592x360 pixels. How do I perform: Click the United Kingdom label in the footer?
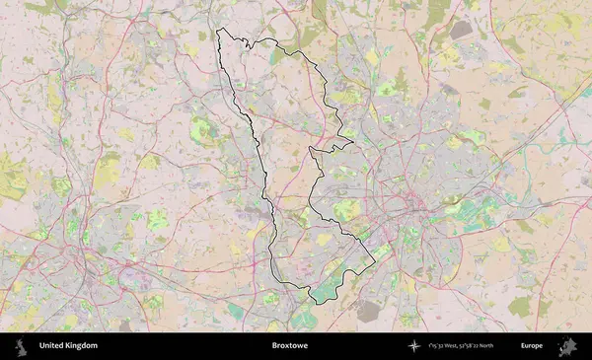click(x=68, y=346)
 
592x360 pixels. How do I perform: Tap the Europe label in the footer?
click(x=532, y=346)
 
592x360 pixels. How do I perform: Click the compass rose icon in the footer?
click(x=413, y=346)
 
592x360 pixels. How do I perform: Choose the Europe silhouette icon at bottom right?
click(x=567, y=346)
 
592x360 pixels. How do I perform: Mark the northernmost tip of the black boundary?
click(x=218, y=30)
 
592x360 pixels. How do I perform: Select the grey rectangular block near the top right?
click(x=461, y=31)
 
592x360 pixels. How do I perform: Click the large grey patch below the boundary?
click(x=368, y=312)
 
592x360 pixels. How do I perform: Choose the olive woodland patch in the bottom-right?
click(x=520, y=307)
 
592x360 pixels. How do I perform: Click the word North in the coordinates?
click(x=509, y=346)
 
